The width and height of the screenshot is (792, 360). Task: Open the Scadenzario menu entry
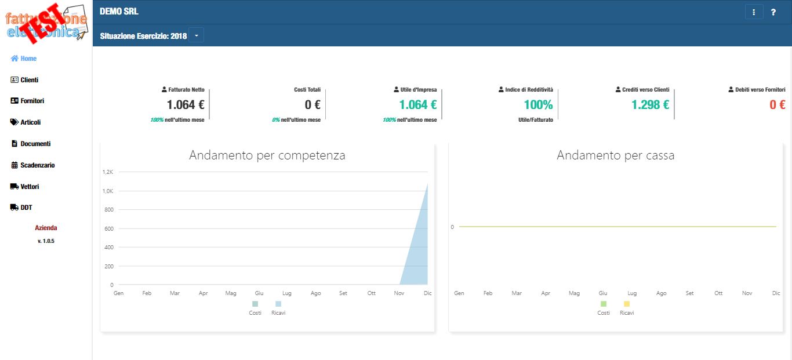point(33,165)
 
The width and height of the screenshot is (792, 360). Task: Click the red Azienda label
point(46,228)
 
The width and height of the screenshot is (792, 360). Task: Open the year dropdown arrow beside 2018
point(196,36)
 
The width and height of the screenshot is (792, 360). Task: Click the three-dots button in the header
point(754,12)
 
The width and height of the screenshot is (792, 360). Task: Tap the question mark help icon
point(773,12)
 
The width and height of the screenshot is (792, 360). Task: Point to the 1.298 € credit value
point(650,105)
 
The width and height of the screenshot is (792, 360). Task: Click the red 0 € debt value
point(777,105)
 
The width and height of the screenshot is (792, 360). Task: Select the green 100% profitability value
point(538,105)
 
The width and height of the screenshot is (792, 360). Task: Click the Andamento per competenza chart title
point(267,155)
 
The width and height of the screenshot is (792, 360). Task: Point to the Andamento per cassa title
point(615,155)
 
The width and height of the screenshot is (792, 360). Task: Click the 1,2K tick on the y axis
point(107,172)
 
